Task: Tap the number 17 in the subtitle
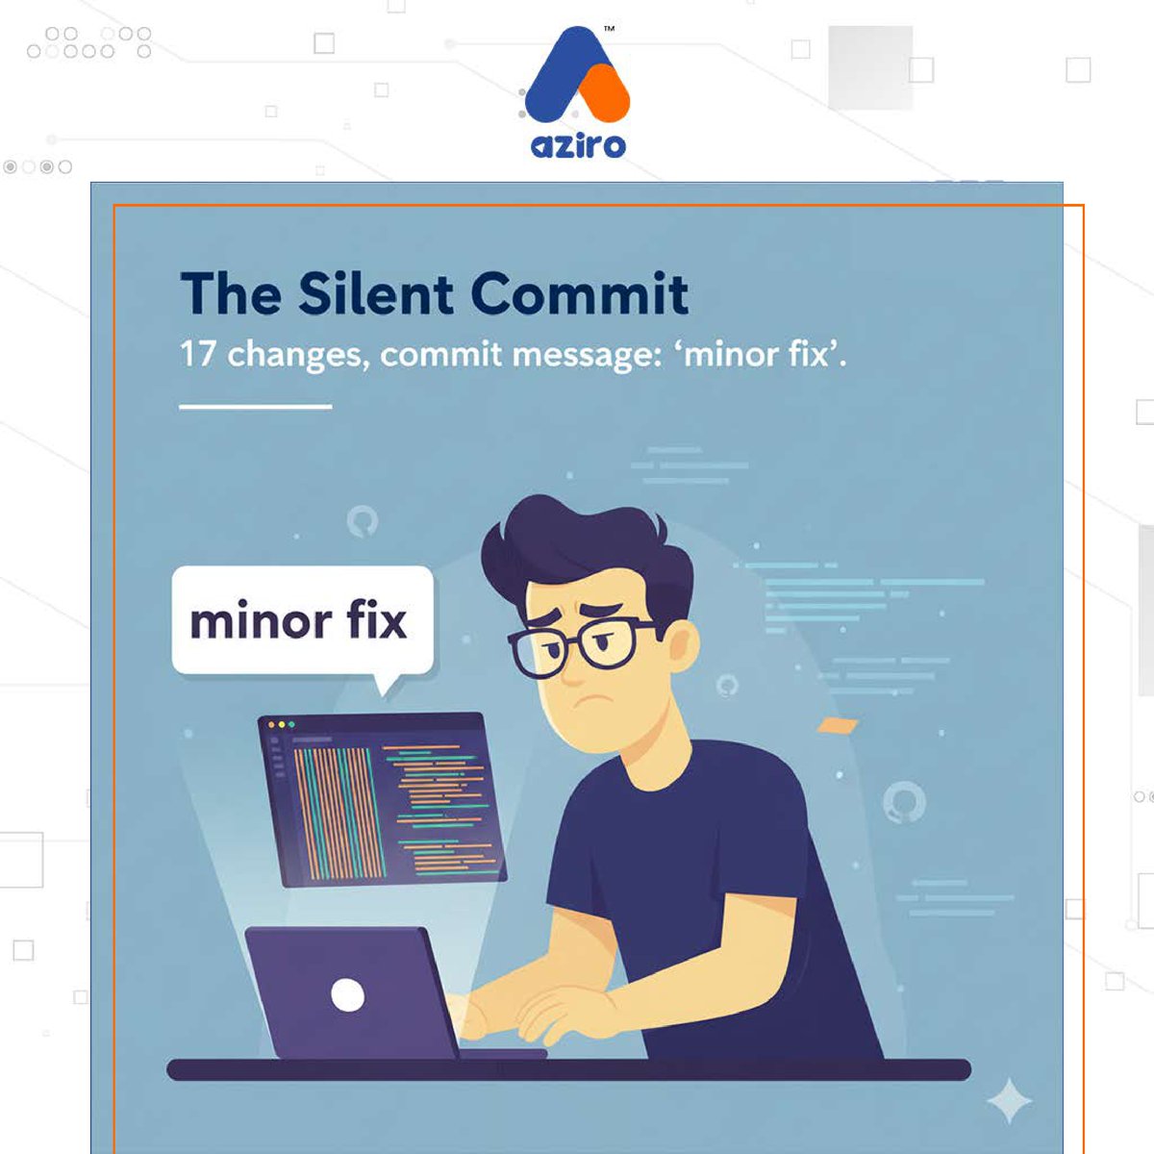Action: click(197, 354)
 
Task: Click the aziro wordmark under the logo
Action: click(577, 145)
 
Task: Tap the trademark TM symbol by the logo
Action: click(609, 30)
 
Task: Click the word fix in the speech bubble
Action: click(376, 620)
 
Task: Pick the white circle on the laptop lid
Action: click(347, 994)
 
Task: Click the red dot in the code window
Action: click(271, 724)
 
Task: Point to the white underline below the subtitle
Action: click(255, 407)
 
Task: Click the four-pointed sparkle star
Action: click(1009, 1102)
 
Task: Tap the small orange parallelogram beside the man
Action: click(836, 725)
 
